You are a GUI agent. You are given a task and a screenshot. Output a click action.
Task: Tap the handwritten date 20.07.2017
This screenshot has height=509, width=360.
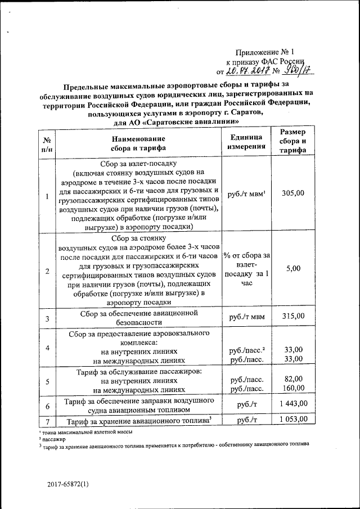(248, 71)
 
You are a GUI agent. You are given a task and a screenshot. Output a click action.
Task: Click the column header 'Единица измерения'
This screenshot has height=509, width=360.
(245, 142)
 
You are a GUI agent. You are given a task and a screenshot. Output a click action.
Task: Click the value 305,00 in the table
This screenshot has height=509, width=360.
(293, 193)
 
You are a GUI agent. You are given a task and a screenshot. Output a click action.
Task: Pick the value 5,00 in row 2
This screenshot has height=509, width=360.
(293, 269)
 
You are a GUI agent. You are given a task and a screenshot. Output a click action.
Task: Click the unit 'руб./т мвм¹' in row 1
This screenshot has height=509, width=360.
(246, 193)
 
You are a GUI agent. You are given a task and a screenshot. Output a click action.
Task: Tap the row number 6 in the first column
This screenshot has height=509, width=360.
(47, 406)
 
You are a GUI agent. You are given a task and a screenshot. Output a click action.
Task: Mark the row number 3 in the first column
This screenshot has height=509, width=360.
(47, 319)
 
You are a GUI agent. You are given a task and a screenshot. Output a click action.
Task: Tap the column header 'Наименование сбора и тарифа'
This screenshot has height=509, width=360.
(138, 143)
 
